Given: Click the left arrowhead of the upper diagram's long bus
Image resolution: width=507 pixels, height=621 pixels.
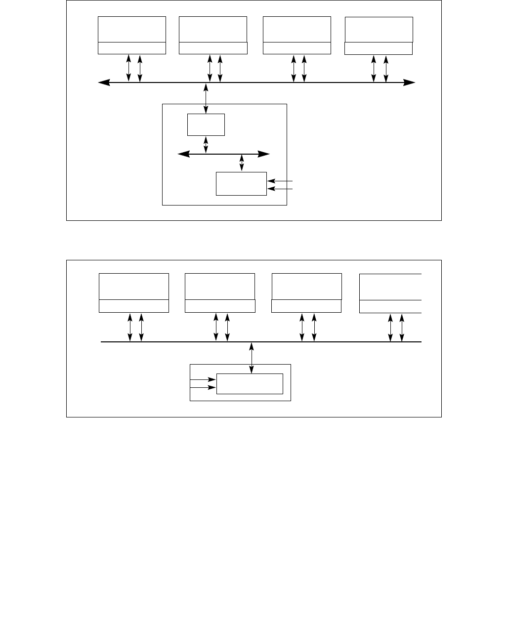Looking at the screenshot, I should coord(103,83).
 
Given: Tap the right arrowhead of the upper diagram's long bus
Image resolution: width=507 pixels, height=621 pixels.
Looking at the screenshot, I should coord(410,83).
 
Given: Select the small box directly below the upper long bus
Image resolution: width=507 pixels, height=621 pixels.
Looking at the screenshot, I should coord(206,124).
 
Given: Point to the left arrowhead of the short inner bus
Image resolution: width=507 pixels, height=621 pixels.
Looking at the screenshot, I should coord(183,155).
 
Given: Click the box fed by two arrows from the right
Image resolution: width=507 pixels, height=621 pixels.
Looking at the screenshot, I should coord(241,184).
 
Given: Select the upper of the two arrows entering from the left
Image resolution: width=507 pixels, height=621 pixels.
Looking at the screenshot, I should coord(203,380).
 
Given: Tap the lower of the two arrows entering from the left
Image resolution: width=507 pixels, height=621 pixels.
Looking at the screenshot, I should coord(203,387).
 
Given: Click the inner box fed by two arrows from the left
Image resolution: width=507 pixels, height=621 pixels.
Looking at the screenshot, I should coord(250,384).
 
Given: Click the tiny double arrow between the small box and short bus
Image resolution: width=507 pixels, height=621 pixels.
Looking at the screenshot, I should coord(206,145).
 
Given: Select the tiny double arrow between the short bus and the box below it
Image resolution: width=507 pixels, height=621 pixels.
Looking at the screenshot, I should coord(242,163).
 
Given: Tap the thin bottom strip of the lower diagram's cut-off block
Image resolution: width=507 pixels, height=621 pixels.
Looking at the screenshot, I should coord(390,306).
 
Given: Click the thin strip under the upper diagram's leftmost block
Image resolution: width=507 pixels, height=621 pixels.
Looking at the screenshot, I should coord(131,48).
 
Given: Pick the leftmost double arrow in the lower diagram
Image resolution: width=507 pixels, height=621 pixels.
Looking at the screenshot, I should coord(130,327).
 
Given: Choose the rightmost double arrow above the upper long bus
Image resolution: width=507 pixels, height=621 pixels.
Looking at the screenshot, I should coord(386,68).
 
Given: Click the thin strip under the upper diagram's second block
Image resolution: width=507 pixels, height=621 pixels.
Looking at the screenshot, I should coord(213,48).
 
